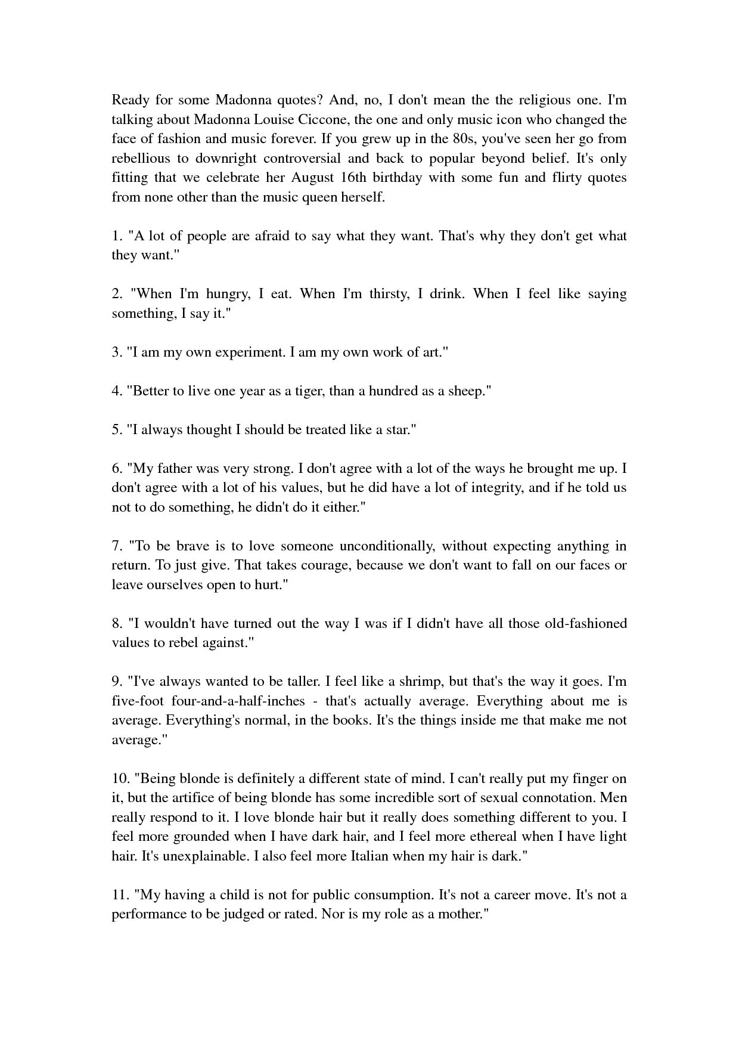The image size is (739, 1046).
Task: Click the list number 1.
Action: (x=116, y=236)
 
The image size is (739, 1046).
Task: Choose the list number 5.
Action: (x=116, y=430)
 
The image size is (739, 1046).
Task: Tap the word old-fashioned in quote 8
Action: (x=578, y=624)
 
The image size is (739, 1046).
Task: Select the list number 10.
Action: (x=119, y=779)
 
